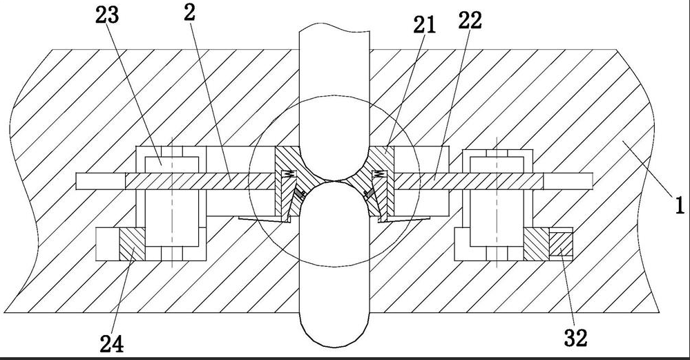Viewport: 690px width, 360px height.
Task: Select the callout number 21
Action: coord(425,26)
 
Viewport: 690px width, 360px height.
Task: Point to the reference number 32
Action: coord(576,338)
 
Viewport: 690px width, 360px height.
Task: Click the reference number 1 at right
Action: coord(679,205)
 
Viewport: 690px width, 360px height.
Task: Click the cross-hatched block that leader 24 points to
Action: coord(132,245)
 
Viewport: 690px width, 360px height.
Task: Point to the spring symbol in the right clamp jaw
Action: coord(379,173)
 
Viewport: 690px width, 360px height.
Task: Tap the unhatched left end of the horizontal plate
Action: coord(101,180)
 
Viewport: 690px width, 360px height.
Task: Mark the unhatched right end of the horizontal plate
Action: coord(568,180)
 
